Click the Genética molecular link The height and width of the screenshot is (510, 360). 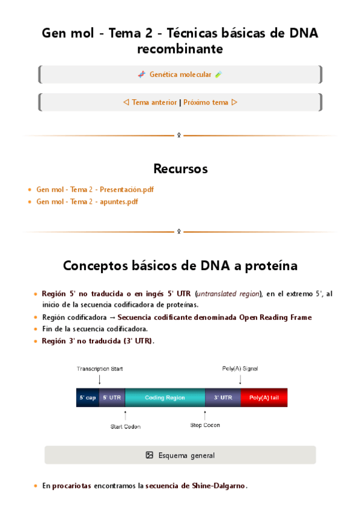click(x=180, y=75)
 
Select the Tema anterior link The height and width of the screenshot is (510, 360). click(x=154, y=102)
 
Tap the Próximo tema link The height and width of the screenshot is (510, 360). click(x=206, y=102)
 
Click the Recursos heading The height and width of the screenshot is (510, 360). click(x=180, y=169)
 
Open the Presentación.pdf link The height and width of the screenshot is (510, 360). click(x=95, y=189)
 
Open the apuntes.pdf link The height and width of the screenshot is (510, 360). click(x=87, y=201)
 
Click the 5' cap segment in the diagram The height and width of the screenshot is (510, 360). click(x=87, y=398)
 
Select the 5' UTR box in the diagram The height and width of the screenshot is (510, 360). click(x=111, y=398)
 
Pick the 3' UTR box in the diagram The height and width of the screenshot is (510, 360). click(x=222, y=398)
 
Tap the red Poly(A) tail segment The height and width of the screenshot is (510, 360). click(x=264, y=398)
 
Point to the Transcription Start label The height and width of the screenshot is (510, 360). click(x=100, y=369)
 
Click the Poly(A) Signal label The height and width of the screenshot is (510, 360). click(x=240, y=369)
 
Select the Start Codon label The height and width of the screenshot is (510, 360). click(x=126, y=426)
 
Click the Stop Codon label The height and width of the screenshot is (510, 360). click(x=205, y=425)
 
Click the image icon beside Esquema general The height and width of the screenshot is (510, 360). click(x=150, y=455)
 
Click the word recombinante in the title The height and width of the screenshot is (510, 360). click(x=180, y=49)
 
